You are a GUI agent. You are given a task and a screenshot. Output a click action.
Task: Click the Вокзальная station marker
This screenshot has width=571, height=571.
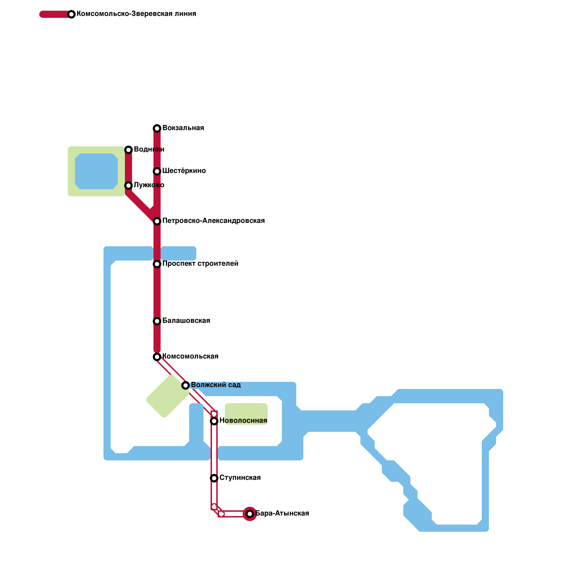coord(157,128)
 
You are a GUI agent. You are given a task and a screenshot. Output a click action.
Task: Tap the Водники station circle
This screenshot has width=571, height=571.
coord(128,150)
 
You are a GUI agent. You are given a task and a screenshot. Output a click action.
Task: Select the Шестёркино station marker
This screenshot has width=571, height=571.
coord(157,171)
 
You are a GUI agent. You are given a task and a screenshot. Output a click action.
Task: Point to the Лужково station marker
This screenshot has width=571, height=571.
coord(128,186)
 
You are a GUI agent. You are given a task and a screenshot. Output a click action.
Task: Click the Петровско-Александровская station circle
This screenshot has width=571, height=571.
coord(157,221)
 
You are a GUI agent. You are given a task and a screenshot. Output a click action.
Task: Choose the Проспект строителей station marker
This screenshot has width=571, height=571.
coord(157,264)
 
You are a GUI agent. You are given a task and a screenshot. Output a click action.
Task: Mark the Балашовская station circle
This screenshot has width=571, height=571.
coord(157,321)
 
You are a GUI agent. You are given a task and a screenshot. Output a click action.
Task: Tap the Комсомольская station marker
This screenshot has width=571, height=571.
coord(157,357)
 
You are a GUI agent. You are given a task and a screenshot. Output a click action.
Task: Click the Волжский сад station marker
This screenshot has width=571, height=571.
coord(186,385)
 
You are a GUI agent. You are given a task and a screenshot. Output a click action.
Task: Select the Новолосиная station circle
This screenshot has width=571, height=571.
coord(214,421)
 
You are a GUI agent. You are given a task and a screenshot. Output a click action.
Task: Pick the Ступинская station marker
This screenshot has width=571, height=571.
coord(214,478)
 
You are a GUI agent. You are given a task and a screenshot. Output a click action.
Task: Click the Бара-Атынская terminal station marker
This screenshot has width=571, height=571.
coord(250,514)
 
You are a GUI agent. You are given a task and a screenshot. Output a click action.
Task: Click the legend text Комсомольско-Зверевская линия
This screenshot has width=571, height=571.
coord(136,14)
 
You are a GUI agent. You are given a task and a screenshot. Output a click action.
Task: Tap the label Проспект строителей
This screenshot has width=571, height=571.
coord(200,264)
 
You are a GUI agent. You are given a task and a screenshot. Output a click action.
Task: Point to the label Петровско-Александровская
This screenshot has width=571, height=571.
coord(213,221)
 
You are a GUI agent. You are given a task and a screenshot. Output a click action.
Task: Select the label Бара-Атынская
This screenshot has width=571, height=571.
coord(282,514)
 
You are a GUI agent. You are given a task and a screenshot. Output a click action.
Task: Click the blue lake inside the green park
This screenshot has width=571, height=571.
coord(96,171)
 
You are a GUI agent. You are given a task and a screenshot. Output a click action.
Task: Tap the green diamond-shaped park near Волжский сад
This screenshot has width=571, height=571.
coord(168,396)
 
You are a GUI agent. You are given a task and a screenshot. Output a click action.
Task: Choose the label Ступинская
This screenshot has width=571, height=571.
coord(240,478)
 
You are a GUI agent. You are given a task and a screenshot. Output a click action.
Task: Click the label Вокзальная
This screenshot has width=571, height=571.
coord(183,128)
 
